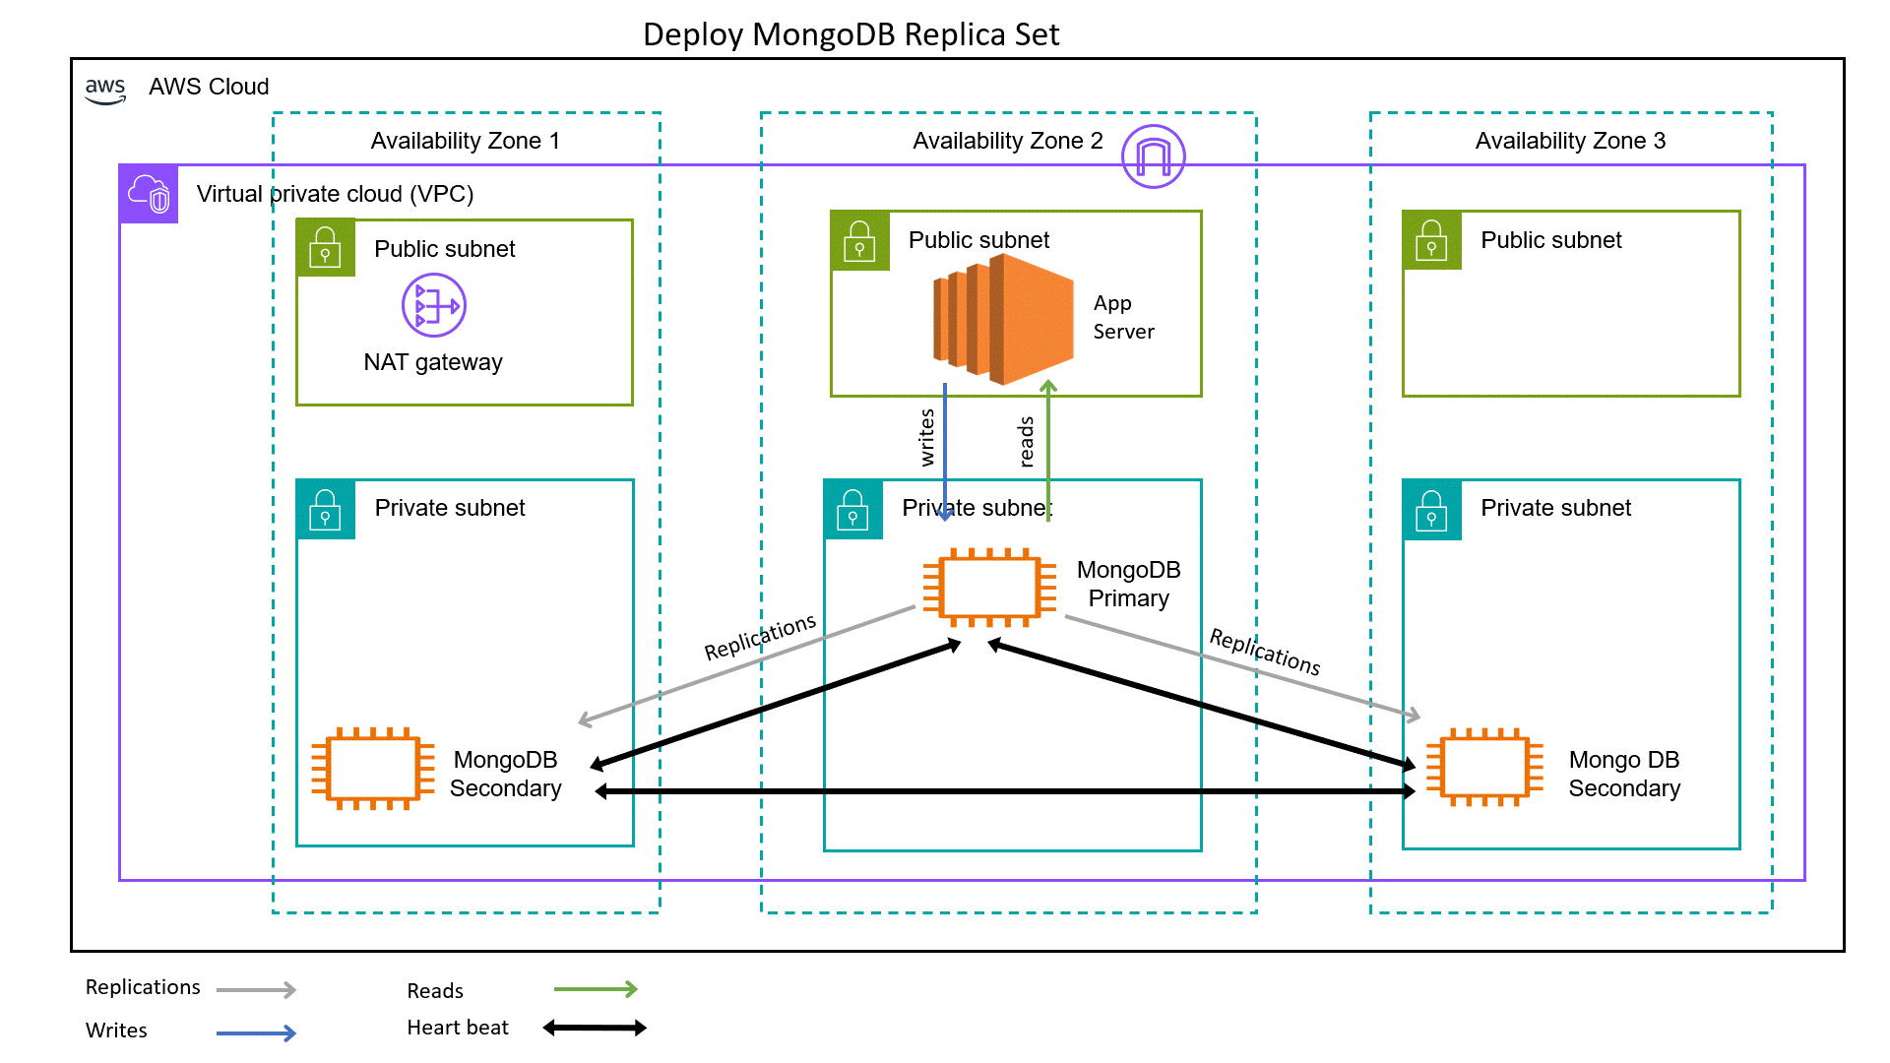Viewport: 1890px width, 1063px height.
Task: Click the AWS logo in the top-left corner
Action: [x=105, y=91]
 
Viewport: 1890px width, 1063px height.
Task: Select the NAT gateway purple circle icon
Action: [x=434, y=305]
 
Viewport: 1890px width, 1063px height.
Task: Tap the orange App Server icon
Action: [x=1003, y=319]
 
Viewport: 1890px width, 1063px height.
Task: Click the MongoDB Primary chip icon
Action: [x=990, y=588]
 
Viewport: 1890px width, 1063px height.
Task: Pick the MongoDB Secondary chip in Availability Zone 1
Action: [x=373, y=769]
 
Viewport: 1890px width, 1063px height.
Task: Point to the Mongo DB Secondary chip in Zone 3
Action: [x=1484, y=768]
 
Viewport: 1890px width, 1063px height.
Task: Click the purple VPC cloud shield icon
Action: [x=149, y=194]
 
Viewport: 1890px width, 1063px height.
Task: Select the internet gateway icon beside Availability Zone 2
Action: [x=1153, y=156]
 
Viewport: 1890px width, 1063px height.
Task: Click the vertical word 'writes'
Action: [x=926, y=437]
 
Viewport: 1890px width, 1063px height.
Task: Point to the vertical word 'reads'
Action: [x=1026, y=442]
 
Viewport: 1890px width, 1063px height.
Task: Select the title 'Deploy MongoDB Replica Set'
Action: [x=850, y=34]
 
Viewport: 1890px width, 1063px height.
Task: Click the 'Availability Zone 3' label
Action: [x=1570, y=141]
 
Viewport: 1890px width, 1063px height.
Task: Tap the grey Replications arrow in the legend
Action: [x=256, y=989]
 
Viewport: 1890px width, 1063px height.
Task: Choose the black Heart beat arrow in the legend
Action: [x=595, y=1028]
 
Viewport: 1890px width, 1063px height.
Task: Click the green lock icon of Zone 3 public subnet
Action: [x=1431, y=240]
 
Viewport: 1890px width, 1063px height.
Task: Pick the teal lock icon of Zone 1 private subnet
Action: [x=325, y=509]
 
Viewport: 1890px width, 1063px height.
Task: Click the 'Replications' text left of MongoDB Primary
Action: [x=760, y=637]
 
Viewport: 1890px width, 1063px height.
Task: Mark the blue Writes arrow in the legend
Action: [x=256, y=1032]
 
